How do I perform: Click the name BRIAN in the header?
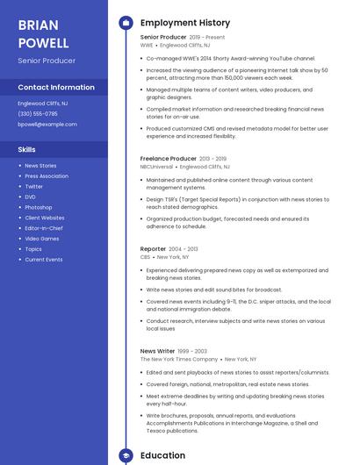click(39, 25)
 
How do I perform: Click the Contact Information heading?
click(56, 88)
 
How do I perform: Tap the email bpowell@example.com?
click(47, 125)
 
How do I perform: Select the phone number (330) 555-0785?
click(38, 114)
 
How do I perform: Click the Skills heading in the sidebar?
click(27, 149)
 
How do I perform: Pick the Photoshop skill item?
click(39, 207)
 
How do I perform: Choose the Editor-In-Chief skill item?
click(44, 228)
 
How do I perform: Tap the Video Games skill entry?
click(42, 239)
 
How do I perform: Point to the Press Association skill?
click(47, 175)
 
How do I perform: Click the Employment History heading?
click(185, 23)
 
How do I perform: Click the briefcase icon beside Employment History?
click(125, 23)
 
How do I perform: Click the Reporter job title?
click(153, 249)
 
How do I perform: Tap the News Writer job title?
click(158, 351)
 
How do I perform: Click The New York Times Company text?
click(179, 359)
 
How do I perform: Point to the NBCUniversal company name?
click(156, 166)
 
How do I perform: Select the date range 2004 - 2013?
click(184, 249)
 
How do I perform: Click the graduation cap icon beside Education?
click(125, 456)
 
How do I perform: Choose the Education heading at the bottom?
click(163, 456)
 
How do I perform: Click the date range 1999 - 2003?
click(193, 351)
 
